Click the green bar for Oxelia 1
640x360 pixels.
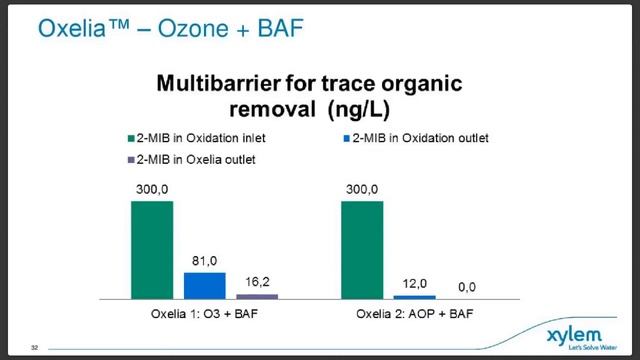pyautogui.click(x=151, y=250)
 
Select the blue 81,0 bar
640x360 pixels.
pyautogui.click(x=204, y=285)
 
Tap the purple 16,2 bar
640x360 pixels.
pyautogui.click(x=257, y=296)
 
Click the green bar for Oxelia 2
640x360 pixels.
pyautogui.click(x=362, y=250)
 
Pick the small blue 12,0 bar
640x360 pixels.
pyautogui.click(x=414, y=297)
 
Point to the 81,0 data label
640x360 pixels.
pyautogui.click(x=204, y=261)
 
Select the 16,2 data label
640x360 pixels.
pyautogui.click(x=257, y=283)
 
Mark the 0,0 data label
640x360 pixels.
pyautogui.click(x=467, y=288)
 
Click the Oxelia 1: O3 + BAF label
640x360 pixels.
pyautogui.click(x=204, y=313)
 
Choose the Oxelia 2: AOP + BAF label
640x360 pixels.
pyautogui.click(x=414, y=313)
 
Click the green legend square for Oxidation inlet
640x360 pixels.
pyautogui.click(x=130, y=137)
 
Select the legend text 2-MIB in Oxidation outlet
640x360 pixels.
pyautogui.click(x=437, y=137)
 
